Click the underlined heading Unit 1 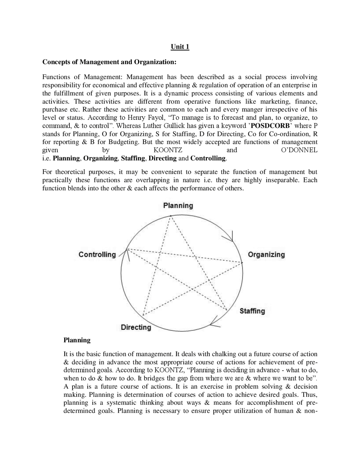pos(180,47)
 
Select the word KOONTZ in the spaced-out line pos(168,150)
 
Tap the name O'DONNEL pos(299,150)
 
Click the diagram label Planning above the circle pos(178,206)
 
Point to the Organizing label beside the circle pos(266,255)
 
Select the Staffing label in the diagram pos(252,311)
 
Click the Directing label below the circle pos(136,327)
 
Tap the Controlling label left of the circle pos(97,255)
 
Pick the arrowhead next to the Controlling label pos(127,252)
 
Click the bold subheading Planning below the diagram pos(77,340)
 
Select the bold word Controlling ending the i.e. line pos(208,158)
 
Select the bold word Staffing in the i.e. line pos(133,158)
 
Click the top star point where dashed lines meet pos(170,216)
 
